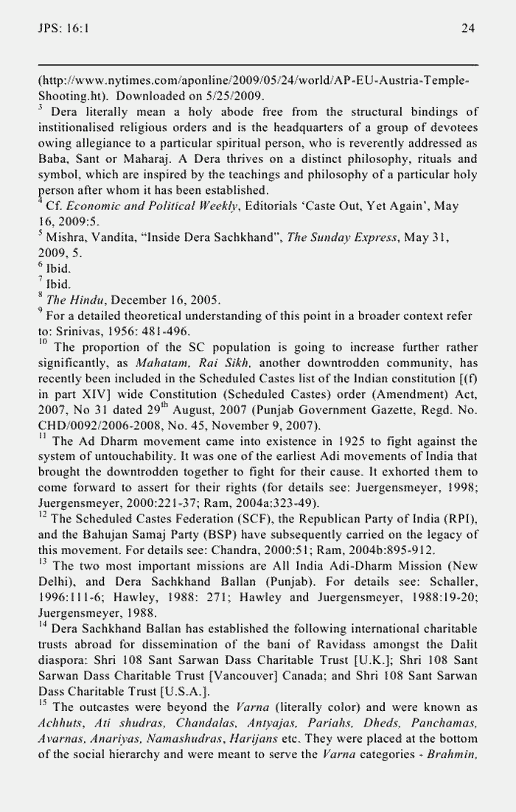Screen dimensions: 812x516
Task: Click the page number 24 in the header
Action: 467,28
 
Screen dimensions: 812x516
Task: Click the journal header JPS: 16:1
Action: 63,28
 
